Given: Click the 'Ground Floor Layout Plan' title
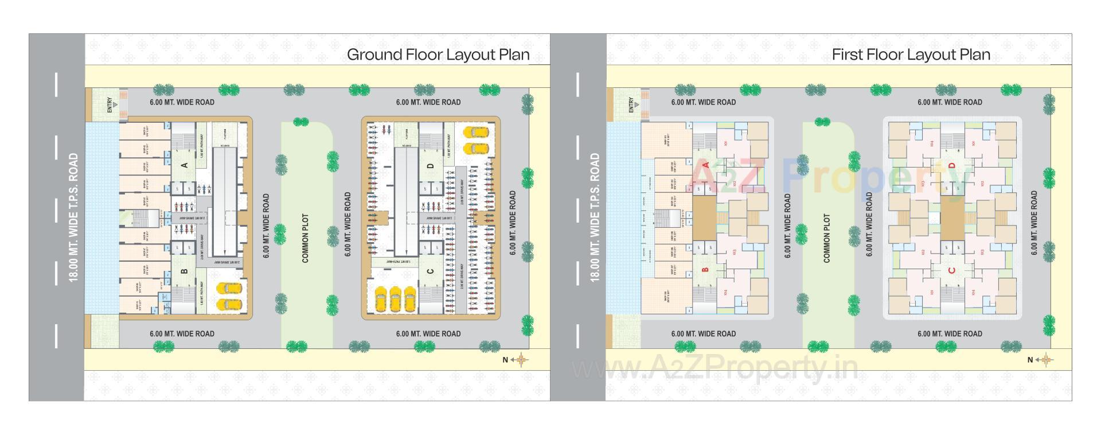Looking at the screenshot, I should (x=438, y=55).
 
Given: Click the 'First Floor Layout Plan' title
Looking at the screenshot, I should (x=911, y=55).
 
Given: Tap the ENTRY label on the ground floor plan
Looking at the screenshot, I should (x=110, y=105).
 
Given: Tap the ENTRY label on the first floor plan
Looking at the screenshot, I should (x=631, y=105).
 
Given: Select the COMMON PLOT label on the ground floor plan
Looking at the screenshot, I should (x=305, y=238).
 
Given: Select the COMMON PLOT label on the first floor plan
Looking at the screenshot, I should (x=826, y=238).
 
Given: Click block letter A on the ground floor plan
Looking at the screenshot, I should (x=185, y=165).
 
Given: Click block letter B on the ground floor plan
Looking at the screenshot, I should (x=185, y=271).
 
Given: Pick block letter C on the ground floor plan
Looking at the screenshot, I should (x=431, y=271).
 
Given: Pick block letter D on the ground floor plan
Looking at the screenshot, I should (x=431, y=166).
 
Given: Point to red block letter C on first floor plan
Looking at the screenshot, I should (x=952, y=270).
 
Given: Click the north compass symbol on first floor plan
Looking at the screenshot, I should (x=1045, y=360).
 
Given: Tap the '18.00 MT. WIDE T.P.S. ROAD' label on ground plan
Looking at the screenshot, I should (x=73, y=217).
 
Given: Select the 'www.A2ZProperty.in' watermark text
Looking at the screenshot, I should (x=715, y=367).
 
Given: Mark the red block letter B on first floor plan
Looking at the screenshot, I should (x=706, y=269).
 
